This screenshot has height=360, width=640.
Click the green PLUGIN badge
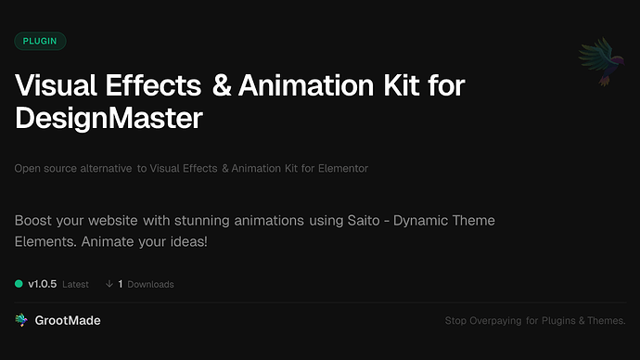[41, 42]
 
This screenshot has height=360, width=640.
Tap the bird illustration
[598, 63]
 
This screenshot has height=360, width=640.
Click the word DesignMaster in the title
[108, 119]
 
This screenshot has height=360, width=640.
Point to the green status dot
[19, 284]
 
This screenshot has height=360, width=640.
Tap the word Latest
[75, 285]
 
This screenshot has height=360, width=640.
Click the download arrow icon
[109, 284]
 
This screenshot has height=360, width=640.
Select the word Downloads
[150, 285]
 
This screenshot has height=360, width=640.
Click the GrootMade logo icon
[21, 320]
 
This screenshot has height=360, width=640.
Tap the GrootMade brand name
[69, 320]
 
